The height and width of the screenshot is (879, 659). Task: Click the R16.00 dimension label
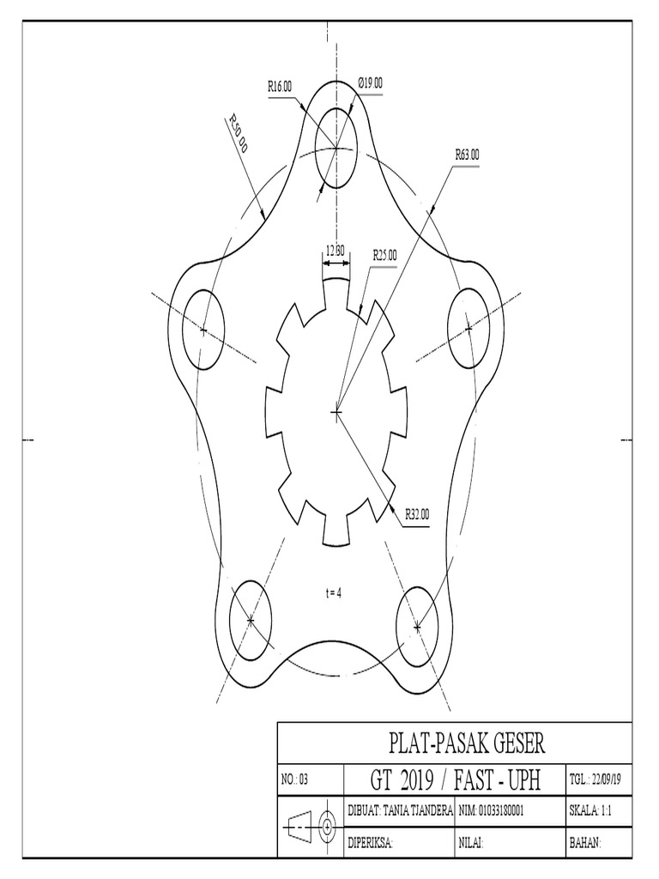[279, 87]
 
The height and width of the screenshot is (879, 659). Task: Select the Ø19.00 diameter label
[370, 83]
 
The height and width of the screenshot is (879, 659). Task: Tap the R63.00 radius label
[467, 155]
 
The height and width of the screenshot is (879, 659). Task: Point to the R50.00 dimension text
[238, 134]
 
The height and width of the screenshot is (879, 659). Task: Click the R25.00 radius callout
[384, 255]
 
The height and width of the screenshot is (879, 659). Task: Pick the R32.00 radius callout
[417, 515]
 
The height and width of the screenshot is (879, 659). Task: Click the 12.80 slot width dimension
[335, 251]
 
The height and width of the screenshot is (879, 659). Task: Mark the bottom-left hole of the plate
[251, 620]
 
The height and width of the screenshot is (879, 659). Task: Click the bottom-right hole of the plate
[417, 627]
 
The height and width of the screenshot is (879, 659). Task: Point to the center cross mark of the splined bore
[336, 413]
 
